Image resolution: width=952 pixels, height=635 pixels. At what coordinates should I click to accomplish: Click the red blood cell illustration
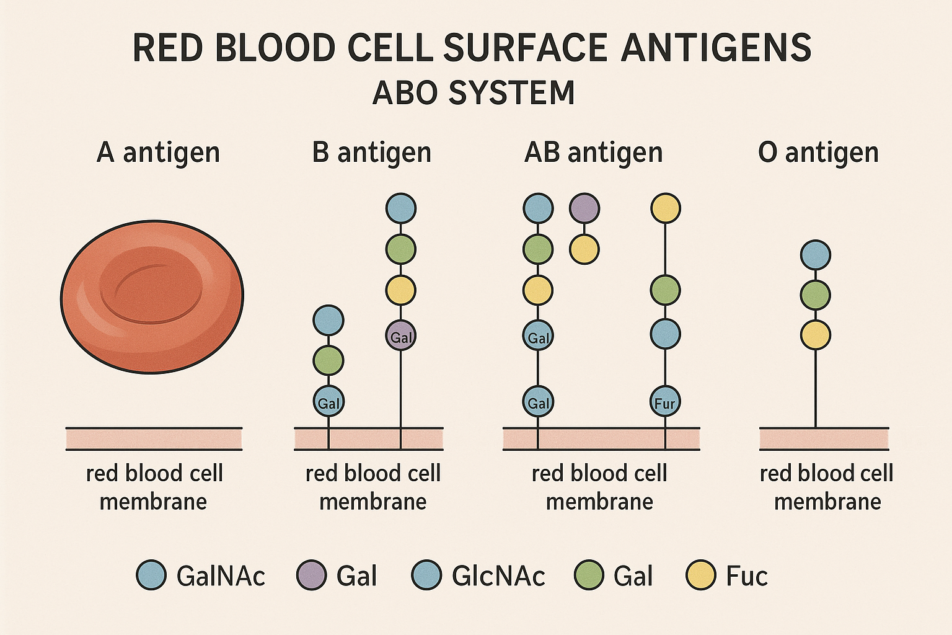click(152, 296)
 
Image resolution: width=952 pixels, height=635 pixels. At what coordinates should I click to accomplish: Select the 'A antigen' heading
click(158, 153)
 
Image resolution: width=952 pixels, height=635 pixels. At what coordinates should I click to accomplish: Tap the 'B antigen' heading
click(372, 153)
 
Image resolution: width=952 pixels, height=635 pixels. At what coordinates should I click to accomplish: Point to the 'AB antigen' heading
click(594, 153)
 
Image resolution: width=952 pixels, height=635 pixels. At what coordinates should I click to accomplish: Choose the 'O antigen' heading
click(819, 153)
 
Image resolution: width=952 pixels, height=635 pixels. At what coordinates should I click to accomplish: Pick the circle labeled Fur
click(665, 401)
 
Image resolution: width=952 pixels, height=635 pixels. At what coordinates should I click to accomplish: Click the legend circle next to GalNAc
click(151, 575)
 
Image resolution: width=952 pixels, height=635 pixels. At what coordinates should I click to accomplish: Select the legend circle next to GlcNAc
click(426, 575)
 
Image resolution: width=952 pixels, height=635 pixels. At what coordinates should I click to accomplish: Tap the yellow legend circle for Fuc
click(701, 575)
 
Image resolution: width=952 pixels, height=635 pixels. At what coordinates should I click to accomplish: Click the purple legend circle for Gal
click(312, 575)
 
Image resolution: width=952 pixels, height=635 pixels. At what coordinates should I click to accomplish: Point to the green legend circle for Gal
click(589, 575)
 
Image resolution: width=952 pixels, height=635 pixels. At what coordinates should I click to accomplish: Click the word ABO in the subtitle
click(407, 92)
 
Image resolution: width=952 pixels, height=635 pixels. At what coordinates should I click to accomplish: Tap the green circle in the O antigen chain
click(815, 295)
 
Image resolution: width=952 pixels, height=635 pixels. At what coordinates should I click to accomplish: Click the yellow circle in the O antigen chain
click(815, 335)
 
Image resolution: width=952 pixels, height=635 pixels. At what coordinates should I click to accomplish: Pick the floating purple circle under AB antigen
click(584, 208)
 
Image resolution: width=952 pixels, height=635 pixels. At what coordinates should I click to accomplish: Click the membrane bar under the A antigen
click(154, 439)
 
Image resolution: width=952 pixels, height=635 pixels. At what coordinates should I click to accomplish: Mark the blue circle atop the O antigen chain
click(815, 255)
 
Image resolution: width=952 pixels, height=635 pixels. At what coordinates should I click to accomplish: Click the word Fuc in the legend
click(747, 576)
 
